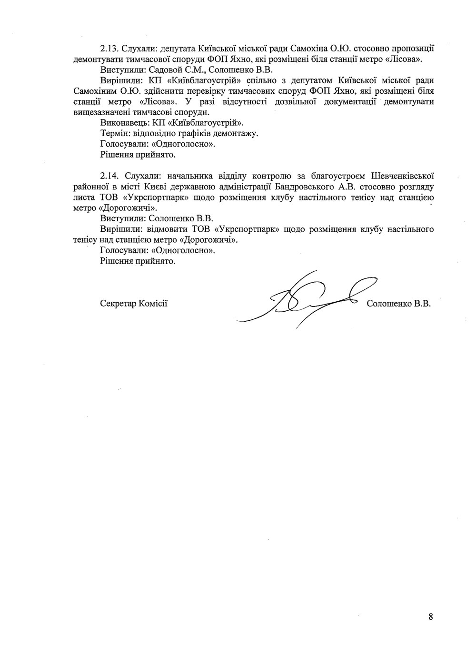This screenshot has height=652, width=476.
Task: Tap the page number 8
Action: [x=430, y=617]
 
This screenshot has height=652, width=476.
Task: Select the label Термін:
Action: [x=115, y=133]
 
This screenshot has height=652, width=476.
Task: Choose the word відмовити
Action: [x=169, y=229]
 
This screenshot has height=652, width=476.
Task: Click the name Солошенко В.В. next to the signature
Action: [x=399, y=304]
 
